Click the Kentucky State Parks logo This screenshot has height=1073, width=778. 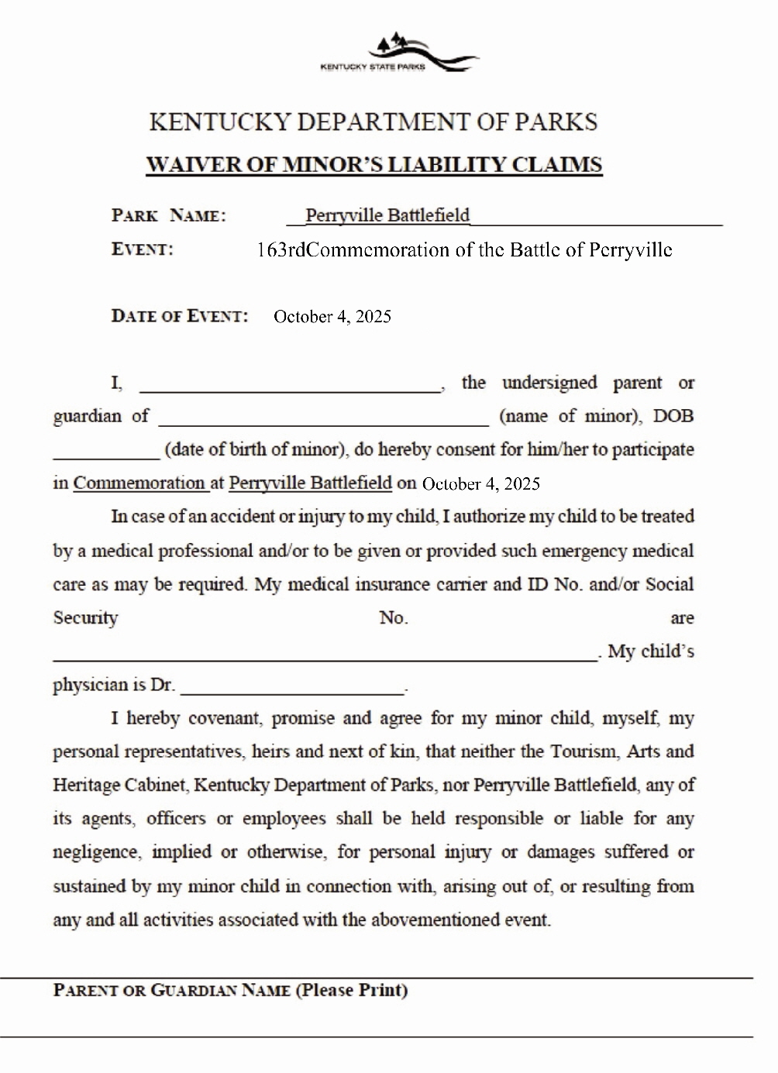[x=398, y=53]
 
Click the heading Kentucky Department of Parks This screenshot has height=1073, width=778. [x=373, y=122]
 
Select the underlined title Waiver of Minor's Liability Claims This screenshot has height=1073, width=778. [x=374, y=165]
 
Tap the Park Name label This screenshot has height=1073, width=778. [x=169, y=215]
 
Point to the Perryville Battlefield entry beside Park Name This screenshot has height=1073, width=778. [x=387, y=215]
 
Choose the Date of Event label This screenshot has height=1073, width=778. [x=180, y=316]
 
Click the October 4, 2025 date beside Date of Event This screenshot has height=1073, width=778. [x=332, y=316]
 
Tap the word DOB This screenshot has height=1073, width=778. [x=673, y=416]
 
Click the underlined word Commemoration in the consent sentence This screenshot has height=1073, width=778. [x=139, y=483]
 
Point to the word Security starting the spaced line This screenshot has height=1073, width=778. [x=85, y=617]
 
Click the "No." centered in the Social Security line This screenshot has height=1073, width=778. [x=394, y=617]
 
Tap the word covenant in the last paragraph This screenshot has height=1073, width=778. [x=225, y=718]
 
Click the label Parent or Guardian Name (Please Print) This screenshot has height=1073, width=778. [x=230, y=990]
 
